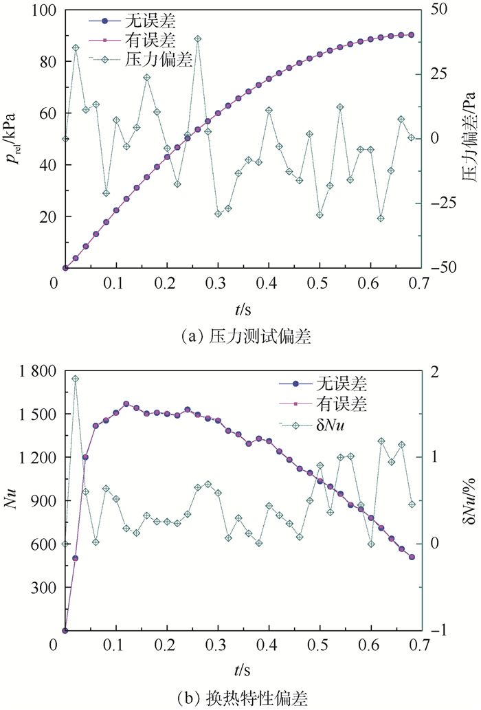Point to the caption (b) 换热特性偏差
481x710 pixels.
coord(240,697)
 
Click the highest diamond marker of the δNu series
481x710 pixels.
coord(76,379)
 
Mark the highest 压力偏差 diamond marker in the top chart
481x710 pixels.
coord(198,39)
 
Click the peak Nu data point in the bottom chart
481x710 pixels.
coord(126,404)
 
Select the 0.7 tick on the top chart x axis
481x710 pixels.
coord(420,282)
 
